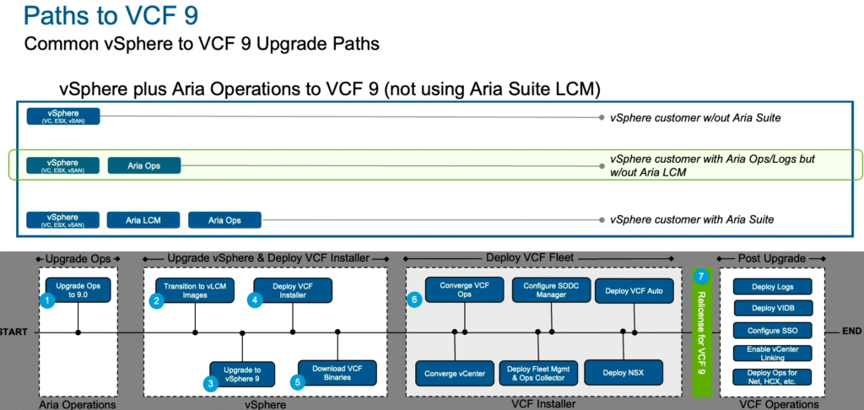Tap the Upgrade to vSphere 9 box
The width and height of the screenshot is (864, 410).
click(242, 372)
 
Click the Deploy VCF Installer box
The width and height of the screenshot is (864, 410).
click(293, 289)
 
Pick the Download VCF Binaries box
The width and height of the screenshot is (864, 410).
click(337, 372)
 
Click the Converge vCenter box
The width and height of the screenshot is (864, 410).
click(456, 372)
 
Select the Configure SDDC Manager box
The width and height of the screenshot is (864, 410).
click(544, 289)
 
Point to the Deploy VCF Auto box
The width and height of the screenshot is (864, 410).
click(629, 289)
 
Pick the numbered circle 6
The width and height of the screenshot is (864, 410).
click(413, 299)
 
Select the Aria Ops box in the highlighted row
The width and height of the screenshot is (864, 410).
click(144, 166)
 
